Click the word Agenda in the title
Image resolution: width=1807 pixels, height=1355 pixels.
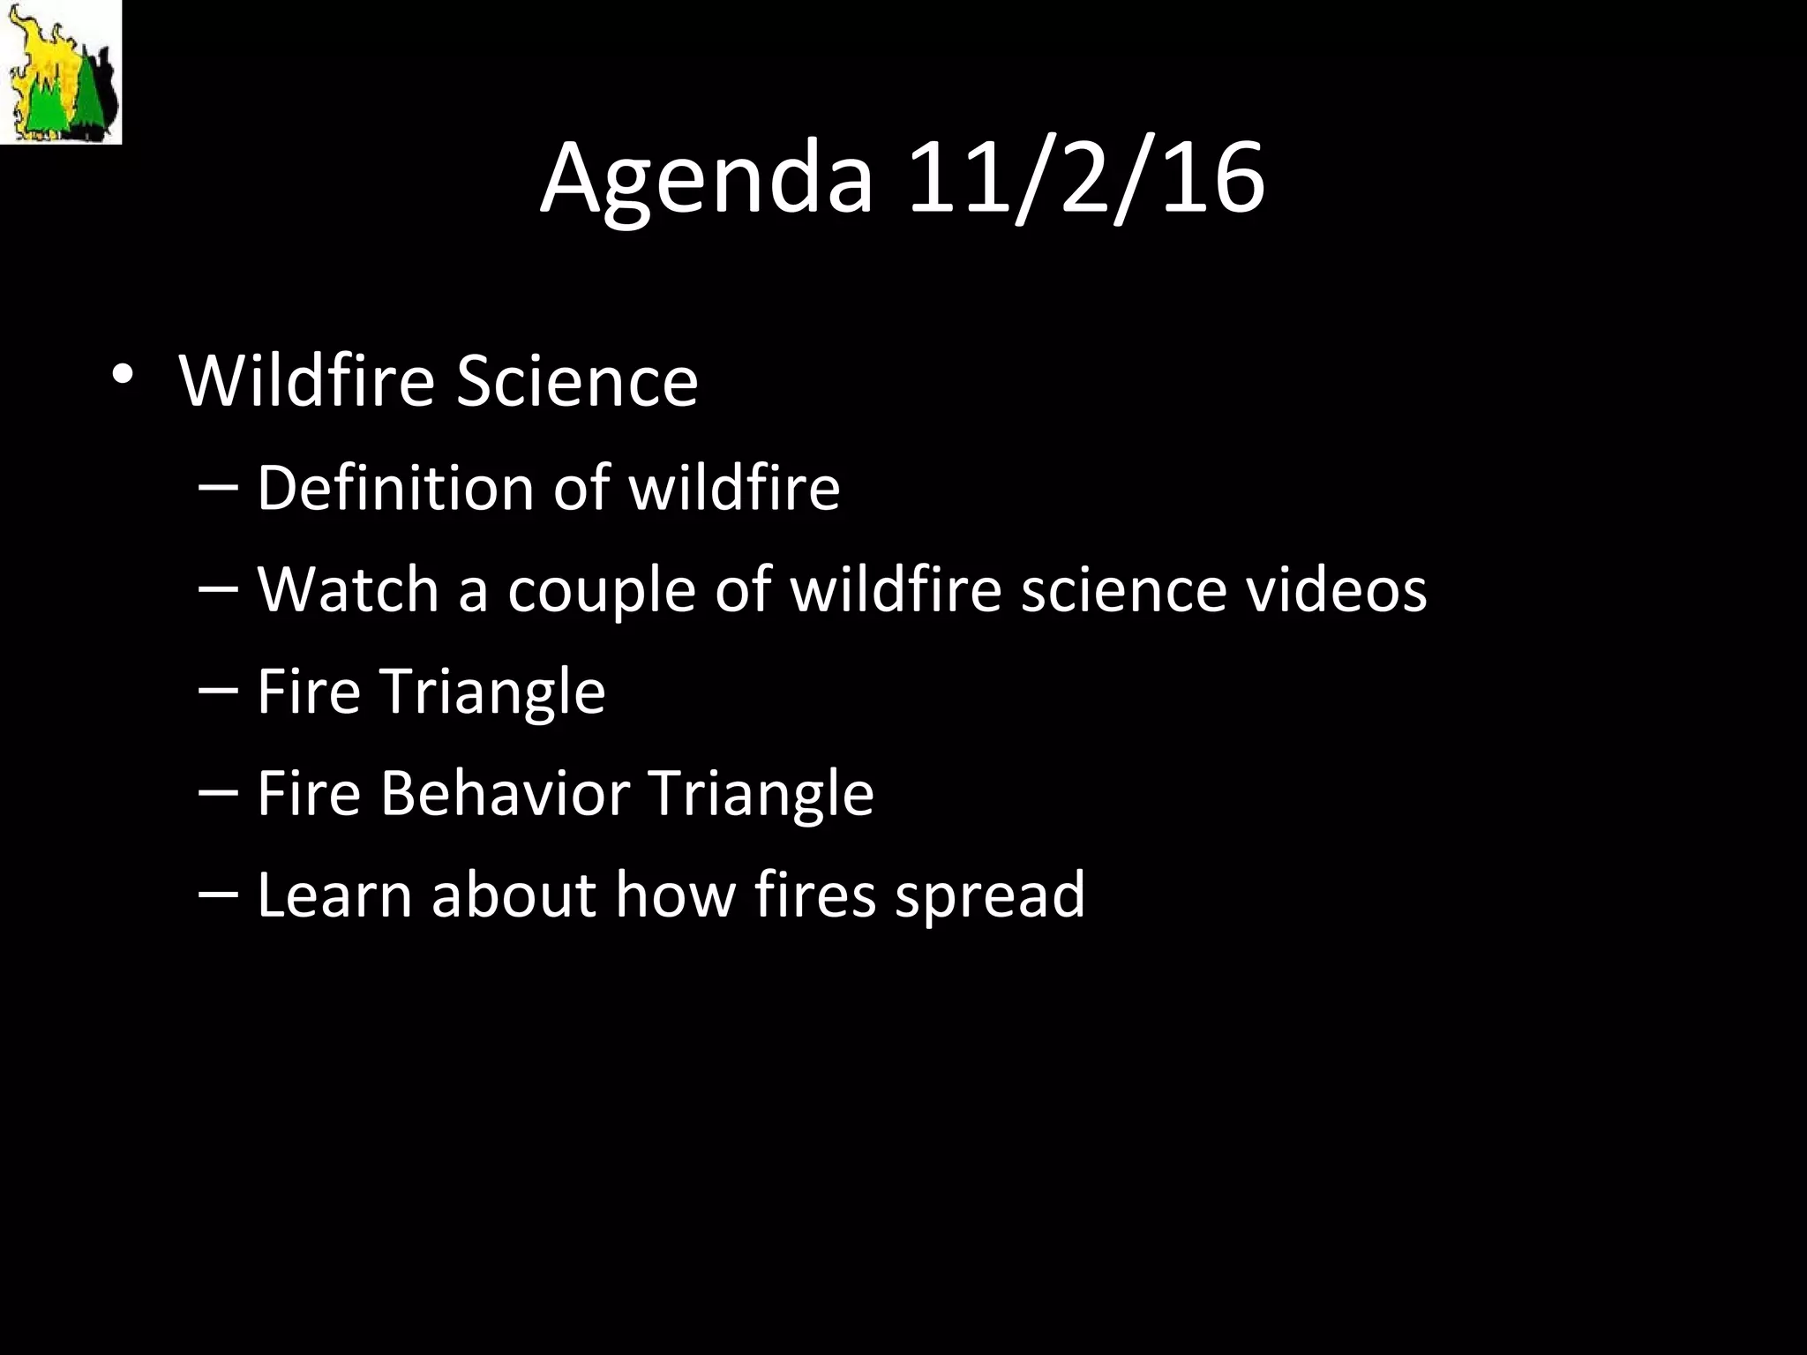point(706,179)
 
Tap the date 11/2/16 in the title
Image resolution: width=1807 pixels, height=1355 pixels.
point(1085,179)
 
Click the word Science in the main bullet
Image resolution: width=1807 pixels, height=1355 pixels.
point(577,381)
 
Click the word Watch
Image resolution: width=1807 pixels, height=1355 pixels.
point(348,589)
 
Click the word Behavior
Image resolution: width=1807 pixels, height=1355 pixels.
point(505,793)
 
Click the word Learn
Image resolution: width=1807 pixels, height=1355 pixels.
point(334,895)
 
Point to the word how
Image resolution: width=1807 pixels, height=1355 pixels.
point(675,895)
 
